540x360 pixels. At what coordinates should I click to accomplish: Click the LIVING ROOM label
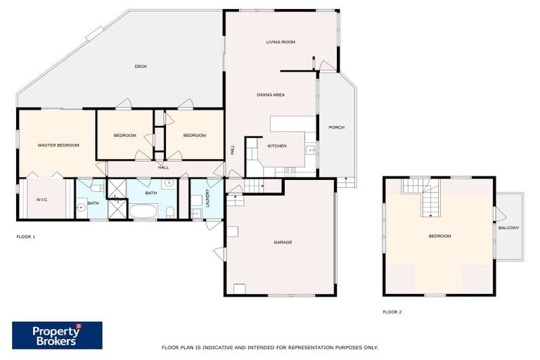(280, 42)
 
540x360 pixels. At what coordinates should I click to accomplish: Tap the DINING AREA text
(271, 95)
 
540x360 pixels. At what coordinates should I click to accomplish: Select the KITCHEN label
(277, 146)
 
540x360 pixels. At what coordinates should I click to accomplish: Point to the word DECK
(141, 67)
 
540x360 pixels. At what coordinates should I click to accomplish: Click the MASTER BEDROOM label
(58, 145)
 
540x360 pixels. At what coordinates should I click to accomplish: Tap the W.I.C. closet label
(41, 199)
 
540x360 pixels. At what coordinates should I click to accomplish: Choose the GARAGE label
(283, 243)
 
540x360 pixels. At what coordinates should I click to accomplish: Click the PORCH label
(336, 127)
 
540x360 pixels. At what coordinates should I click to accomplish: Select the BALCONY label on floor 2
(509, 228)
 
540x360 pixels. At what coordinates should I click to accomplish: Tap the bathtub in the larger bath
(145, 211)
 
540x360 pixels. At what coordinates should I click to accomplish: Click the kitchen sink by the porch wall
(309, 149)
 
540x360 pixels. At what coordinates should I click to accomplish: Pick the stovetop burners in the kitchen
(290, 170)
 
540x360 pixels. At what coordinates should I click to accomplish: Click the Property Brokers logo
(57, 335)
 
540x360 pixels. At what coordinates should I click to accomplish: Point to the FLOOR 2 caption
(392, 311)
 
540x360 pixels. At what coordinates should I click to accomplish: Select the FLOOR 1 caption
(26, 237)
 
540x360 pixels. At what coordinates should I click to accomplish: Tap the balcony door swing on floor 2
(500, 213)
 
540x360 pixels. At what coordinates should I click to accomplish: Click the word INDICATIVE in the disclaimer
(226, 347)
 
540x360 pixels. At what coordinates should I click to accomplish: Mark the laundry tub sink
(196, 213)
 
